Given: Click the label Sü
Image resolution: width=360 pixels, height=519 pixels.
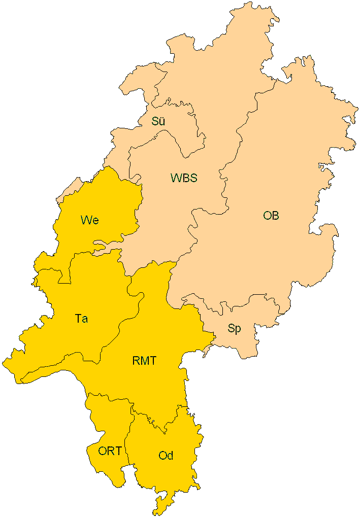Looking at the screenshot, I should point(158,122).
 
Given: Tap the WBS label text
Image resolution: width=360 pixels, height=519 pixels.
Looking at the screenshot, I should point(183,178).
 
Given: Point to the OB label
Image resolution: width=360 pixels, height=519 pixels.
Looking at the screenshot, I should point(271,216).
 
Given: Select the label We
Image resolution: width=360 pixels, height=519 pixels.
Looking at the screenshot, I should point(89,220).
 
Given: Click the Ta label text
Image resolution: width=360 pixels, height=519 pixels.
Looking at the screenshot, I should point(81,319).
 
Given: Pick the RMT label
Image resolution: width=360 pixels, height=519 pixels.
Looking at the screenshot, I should point(144,361).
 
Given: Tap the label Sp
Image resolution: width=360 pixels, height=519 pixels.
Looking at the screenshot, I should point(234,329).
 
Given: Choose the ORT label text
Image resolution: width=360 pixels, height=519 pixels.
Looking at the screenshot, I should point(110,451).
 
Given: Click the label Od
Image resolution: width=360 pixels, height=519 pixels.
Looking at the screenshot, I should point(166,456).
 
